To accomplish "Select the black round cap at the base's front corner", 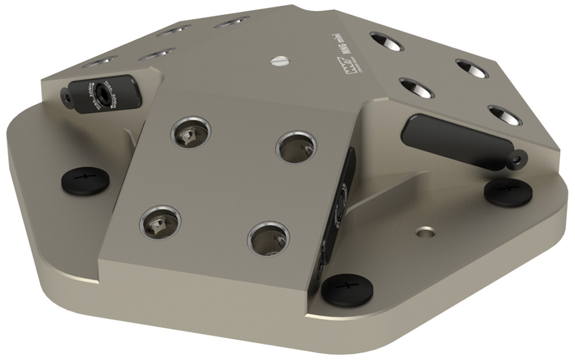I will [347, 289].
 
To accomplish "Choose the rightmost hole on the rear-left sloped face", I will [232, 22].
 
